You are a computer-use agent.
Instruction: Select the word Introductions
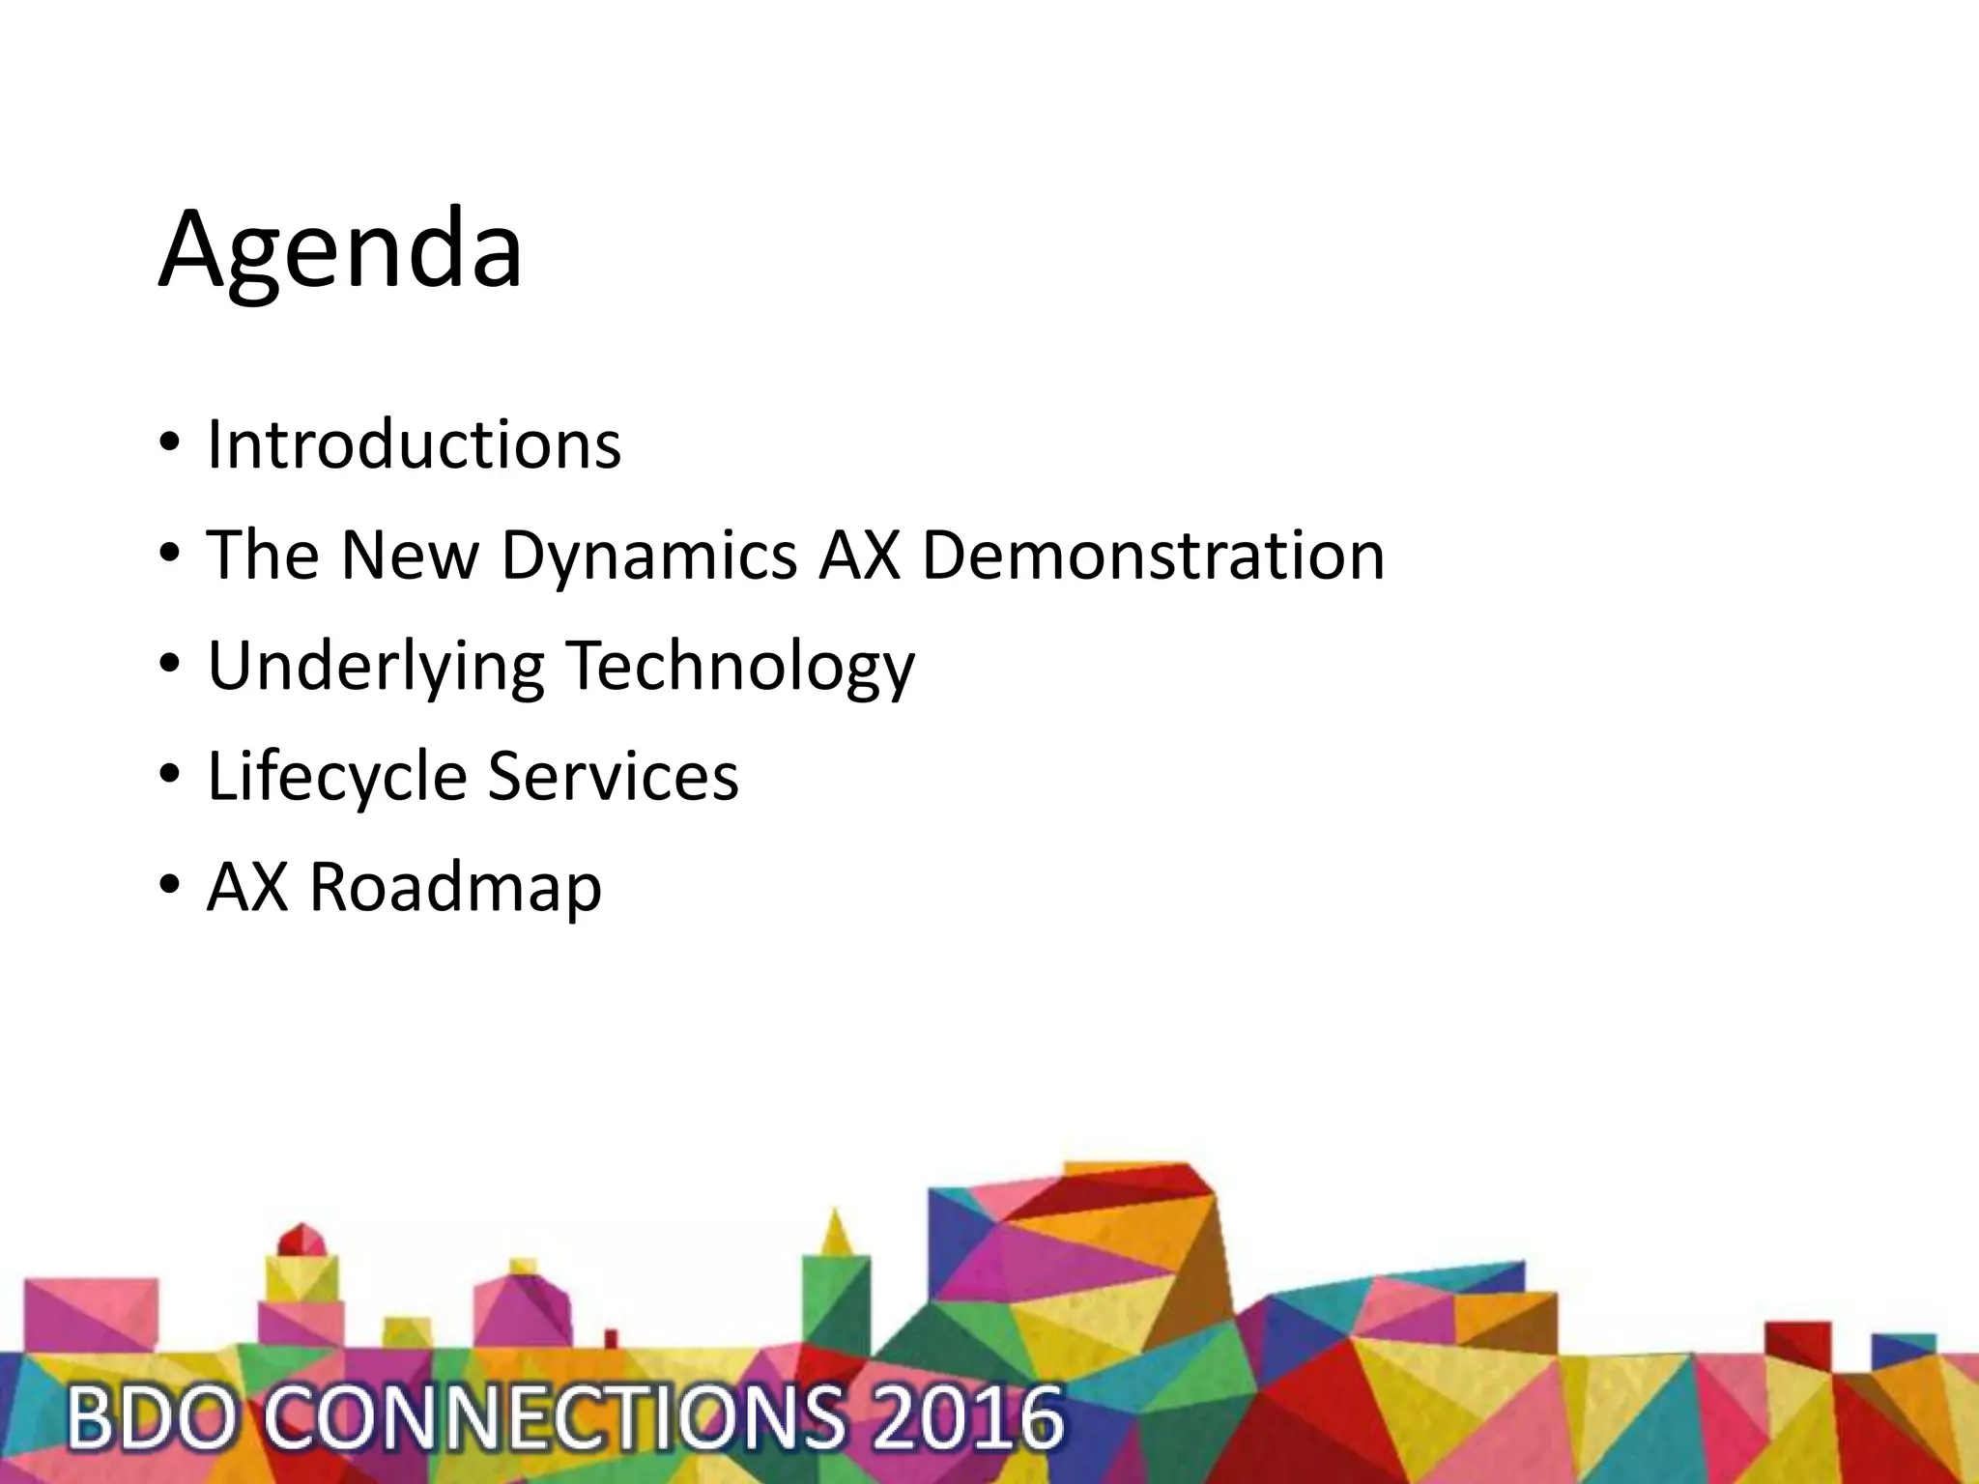tap(414, 444)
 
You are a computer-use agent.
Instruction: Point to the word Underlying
tap(376, 667)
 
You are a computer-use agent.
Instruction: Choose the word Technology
tap(739, 667)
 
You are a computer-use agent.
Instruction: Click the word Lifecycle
tap(337, 776)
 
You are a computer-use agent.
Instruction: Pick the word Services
tap(613, 776)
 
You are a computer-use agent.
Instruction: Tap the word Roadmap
tap(455, 887)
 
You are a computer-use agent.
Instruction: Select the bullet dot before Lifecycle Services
tap(169, 776)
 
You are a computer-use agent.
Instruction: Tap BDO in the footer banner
tap(150, 1418)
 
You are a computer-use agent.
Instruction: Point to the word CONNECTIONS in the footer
tap(554, 1418)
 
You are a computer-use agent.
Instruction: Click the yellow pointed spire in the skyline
tap(836, 1232)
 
